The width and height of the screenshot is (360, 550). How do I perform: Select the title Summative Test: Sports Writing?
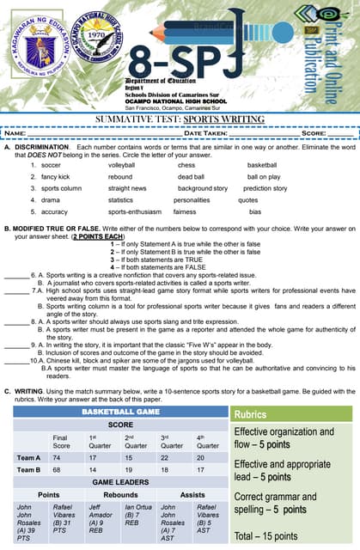click(180, 119)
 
